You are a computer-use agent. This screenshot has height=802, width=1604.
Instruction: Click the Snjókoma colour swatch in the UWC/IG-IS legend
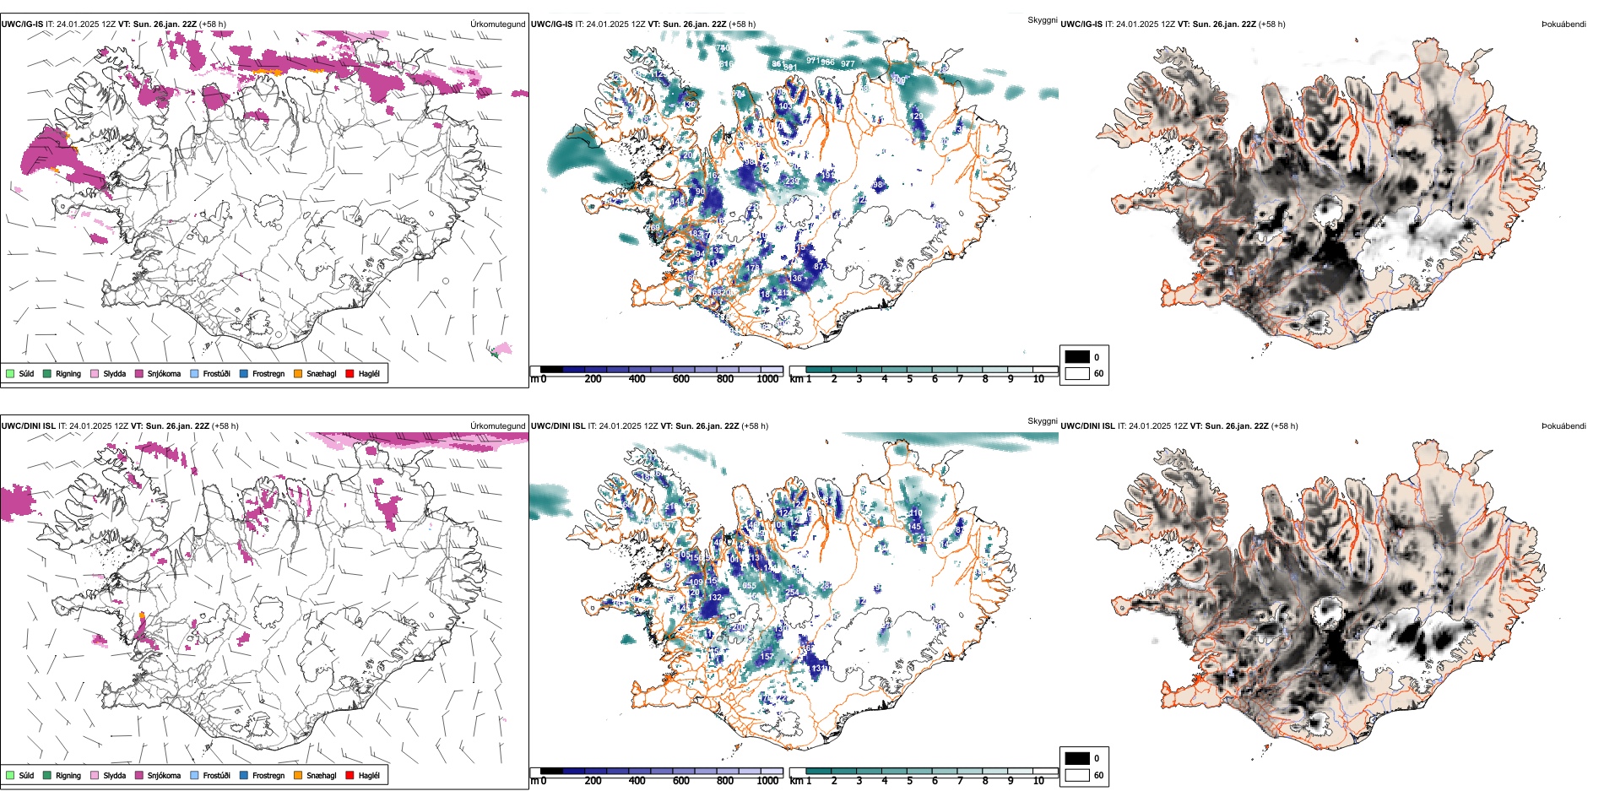(x=139, y=374)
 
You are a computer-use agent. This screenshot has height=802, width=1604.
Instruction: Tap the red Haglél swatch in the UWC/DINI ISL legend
(x=350, y=776)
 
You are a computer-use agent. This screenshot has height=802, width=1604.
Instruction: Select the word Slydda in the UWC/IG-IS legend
(x=115, y=374)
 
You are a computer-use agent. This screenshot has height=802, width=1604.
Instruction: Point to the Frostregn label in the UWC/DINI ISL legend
(x=268, y=776)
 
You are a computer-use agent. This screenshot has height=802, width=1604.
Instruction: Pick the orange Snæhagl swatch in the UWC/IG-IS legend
(x=298, y=374)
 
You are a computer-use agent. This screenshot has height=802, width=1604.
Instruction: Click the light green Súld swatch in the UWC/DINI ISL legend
(x=10, y=776)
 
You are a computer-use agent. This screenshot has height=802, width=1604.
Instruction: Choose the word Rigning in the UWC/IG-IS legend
(x=68, y=374)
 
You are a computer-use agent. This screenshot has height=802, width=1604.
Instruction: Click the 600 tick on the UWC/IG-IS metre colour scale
(x=681, y=379)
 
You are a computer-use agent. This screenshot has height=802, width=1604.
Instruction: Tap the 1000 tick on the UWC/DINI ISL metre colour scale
(x=767, y=781)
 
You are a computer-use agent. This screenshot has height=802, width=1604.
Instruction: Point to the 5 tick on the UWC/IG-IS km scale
(x=910, y=379)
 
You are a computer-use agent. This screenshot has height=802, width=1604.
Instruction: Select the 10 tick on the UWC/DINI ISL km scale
(x=1038, y=781)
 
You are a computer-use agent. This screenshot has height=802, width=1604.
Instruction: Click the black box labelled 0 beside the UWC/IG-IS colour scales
(x=1077, y=357)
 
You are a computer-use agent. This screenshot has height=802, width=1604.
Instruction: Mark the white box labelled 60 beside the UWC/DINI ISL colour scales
(x=1077, y=775)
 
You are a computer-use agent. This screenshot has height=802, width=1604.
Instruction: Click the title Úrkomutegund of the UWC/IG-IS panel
(x=497, y=24)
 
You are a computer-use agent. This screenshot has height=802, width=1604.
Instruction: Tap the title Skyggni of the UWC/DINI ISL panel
(x=1042, y=421)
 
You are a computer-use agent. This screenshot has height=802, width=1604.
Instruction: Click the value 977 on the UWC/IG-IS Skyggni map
(x=848, y=63)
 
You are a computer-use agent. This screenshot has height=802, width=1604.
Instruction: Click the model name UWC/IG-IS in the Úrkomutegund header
(x=22, y=24)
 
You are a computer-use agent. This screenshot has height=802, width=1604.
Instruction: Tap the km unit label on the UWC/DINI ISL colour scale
(x=796, y=781)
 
